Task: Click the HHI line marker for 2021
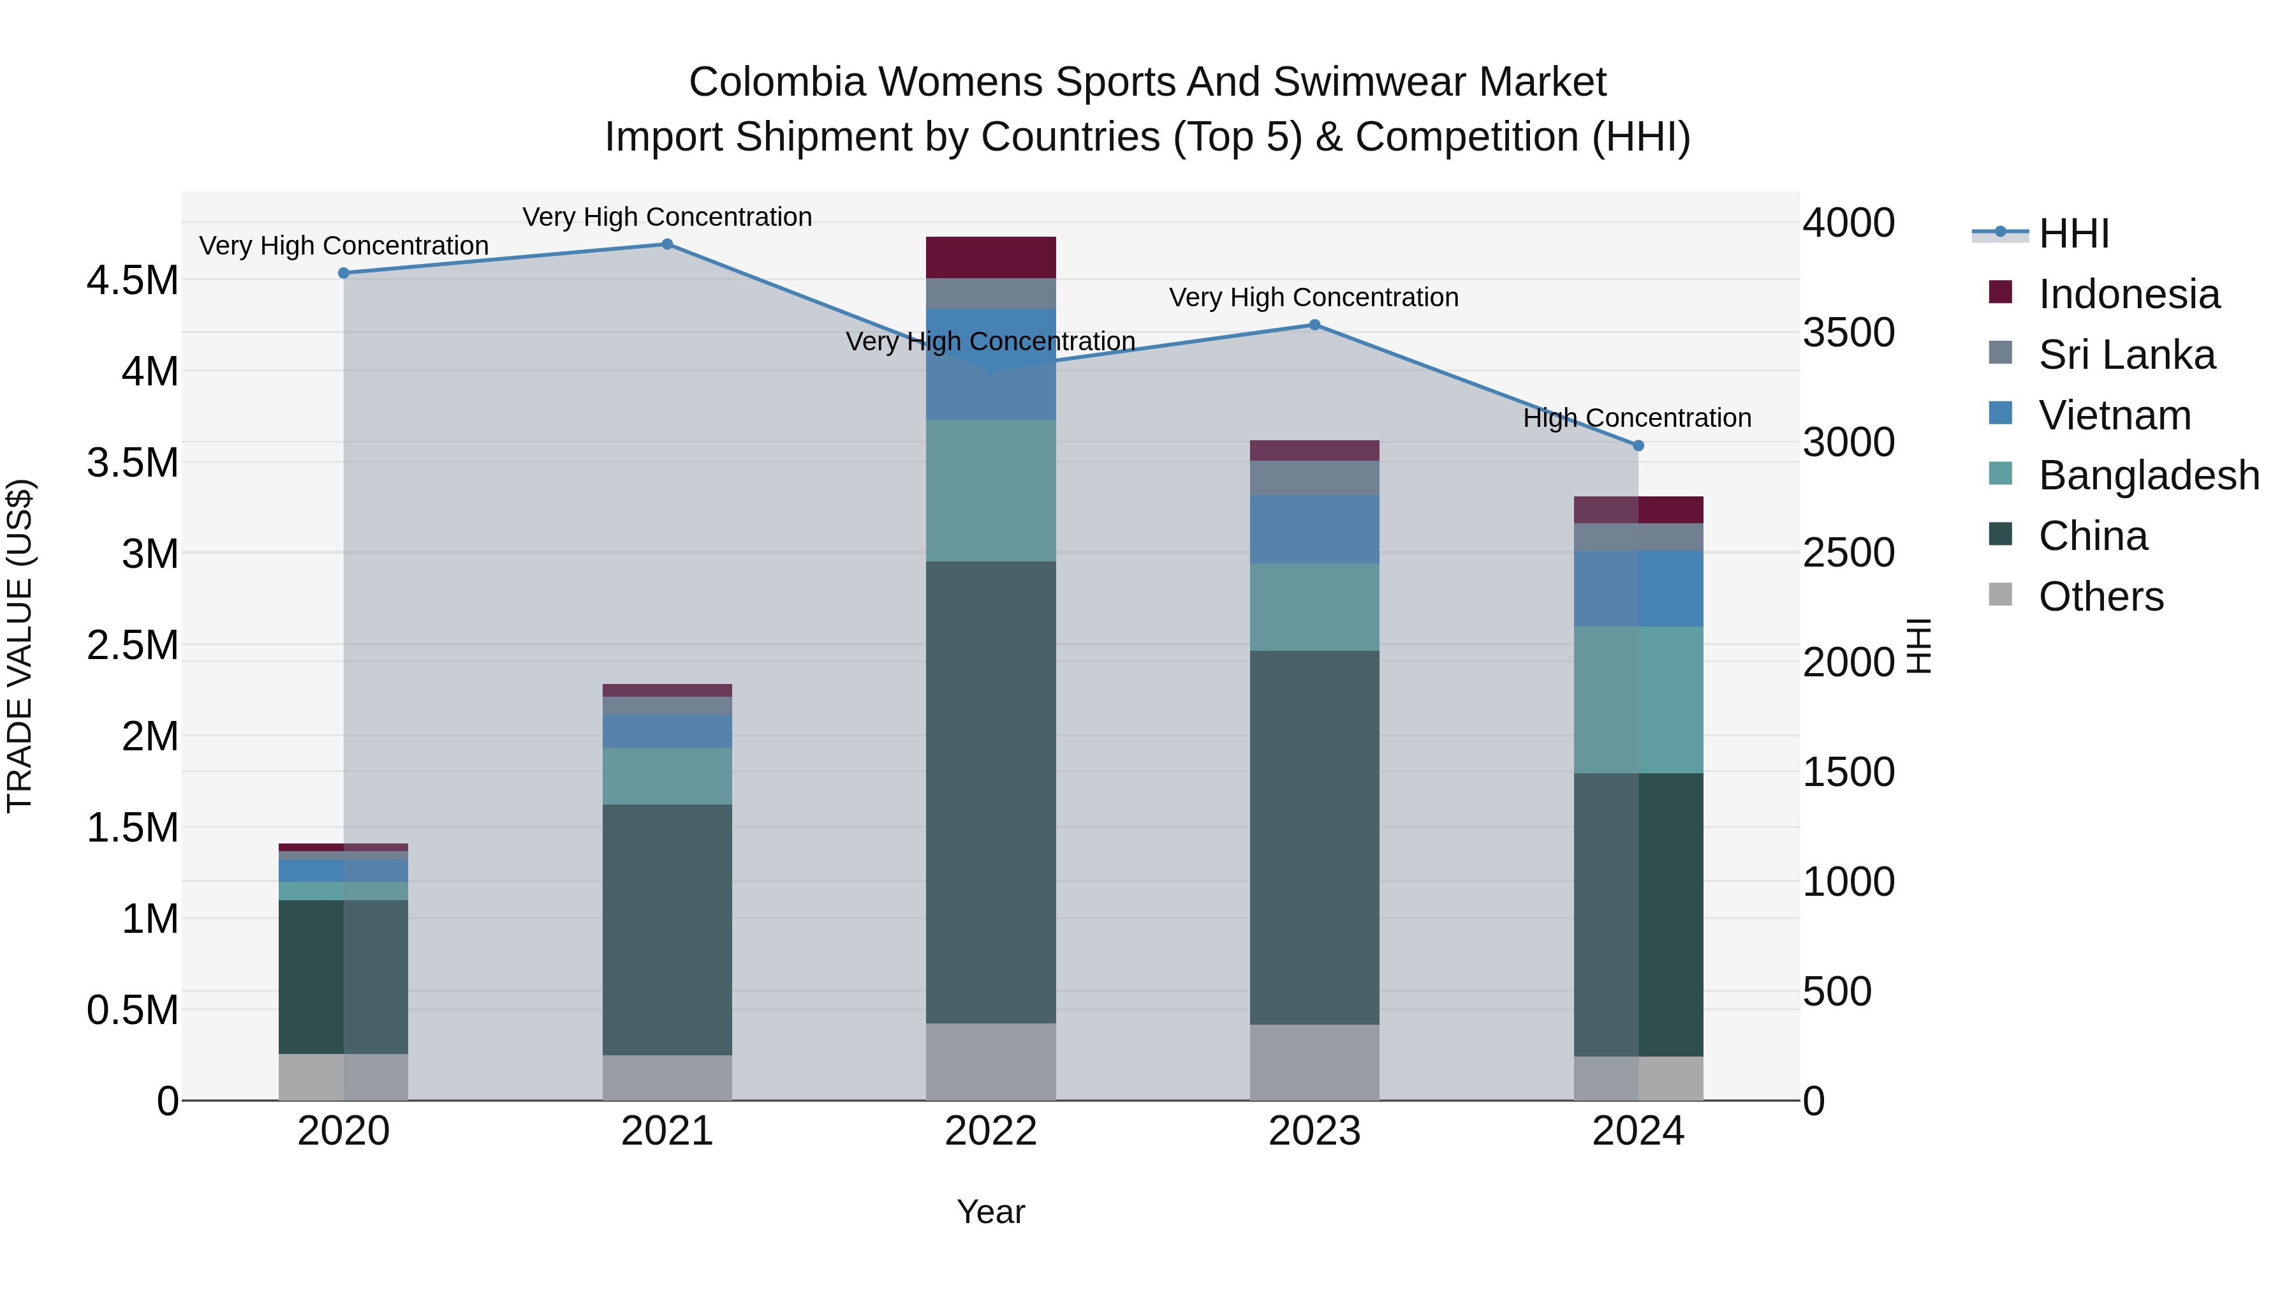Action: coord(666,244)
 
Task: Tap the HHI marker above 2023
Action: coord(1314,325)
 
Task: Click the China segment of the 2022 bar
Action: coord(991,792)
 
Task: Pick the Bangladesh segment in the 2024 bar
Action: coord(1638,700)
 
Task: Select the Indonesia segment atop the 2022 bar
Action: coord(991,258)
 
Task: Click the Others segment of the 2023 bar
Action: coord(1314,1062)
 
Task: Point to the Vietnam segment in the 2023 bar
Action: coord(1314,530)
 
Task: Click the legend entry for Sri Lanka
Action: coord(2126,355)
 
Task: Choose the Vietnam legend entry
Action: coord(2114,415)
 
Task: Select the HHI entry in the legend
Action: coord(2073,234)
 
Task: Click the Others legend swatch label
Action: coord(2101,597)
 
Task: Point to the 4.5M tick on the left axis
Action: coord(133,281)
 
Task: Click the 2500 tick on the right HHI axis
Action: coord(1848,553)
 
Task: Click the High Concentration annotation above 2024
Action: coord(1637,418)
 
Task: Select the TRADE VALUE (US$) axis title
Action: coord(20,646)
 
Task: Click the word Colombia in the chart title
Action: coord(777,83)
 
